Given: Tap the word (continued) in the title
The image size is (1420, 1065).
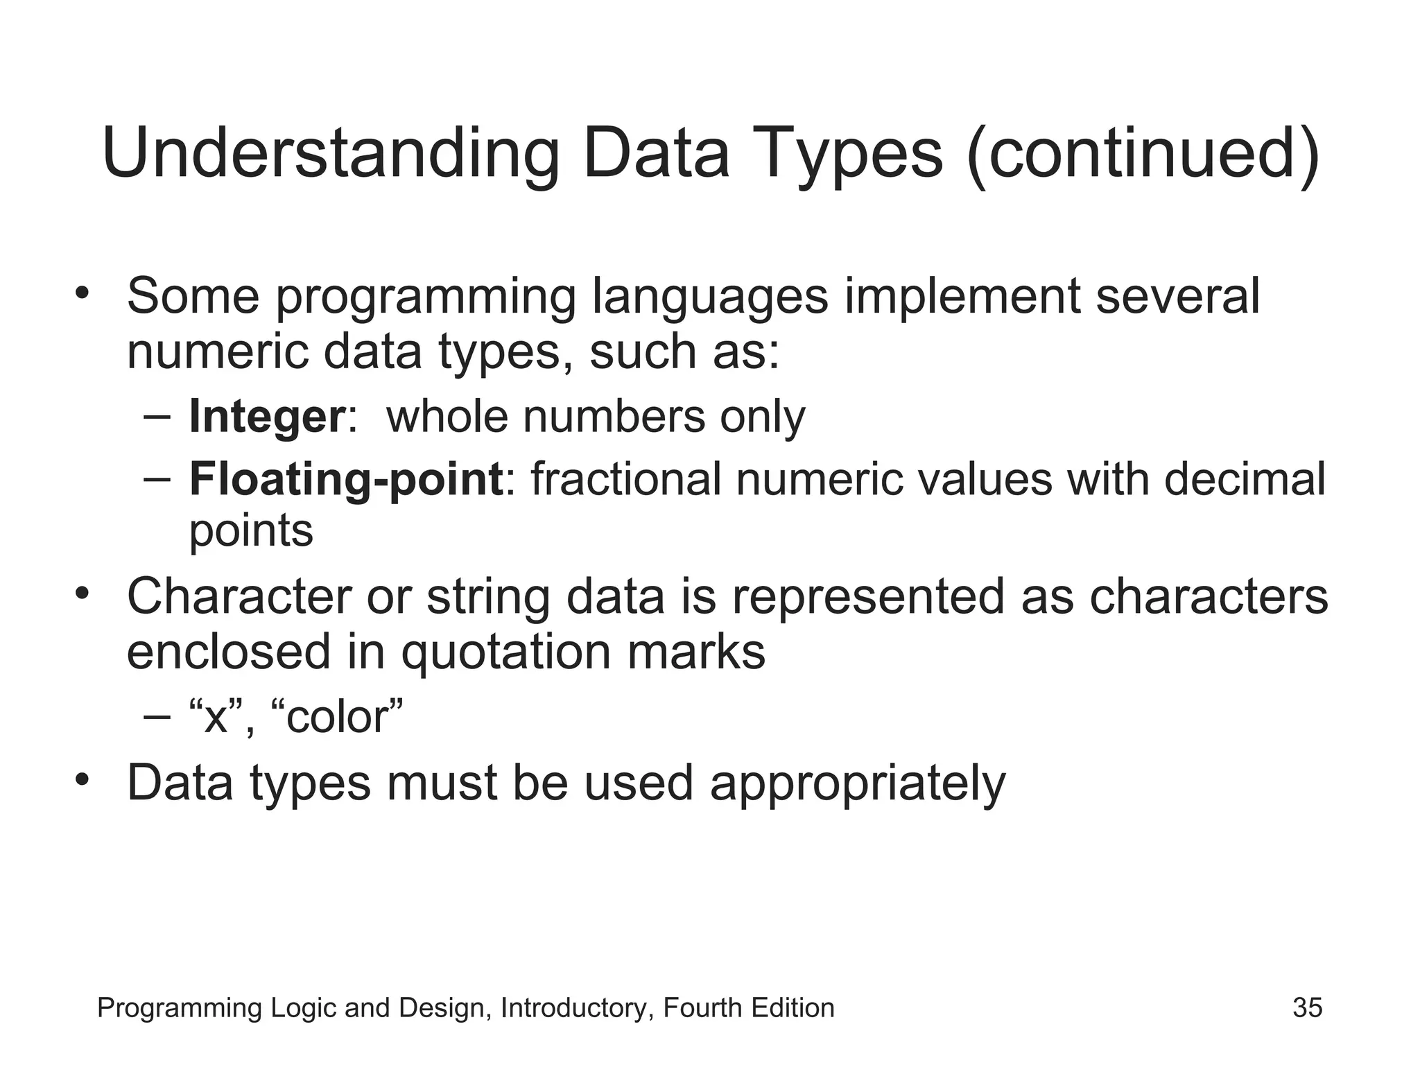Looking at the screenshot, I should [1143, 154].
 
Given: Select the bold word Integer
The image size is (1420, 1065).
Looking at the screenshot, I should [267, 417].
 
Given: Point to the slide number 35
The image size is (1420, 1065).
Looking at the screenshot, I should [1307, 1007].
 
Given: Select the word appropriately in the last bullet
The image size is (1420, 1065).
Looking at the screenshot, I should [858, 783].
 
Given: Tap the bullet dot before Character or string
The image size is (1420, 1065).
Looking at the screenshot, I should [83, 594].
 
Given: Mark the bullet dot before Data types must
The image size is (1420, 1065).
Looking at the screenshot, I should [83, 780].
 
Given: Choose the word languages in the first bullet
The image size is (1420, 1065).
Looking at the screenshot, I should [710, 297].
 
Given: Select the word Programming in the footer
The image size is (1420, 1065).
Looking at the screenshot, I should [180, 1008].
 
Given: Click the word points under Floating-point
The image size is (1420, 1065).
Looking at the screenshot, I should [251, 532].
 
